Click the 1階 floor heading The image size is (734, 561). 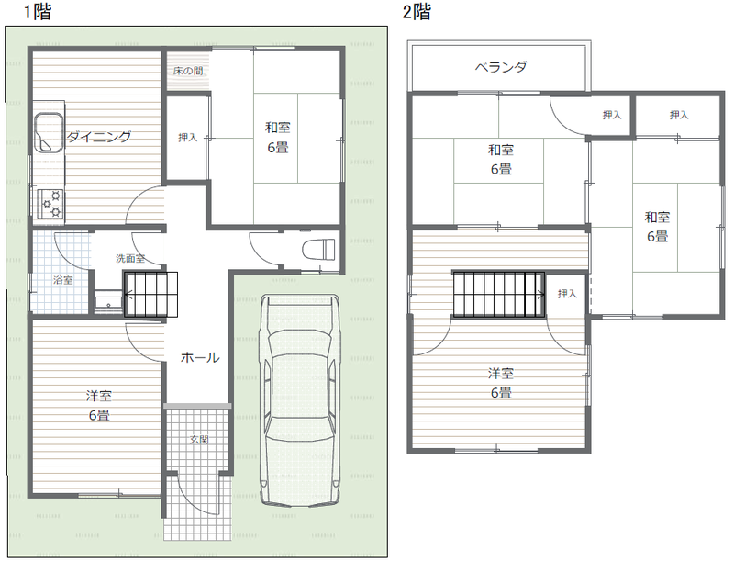coord(38,12)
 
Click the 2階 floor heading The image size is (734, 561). coord(417,12)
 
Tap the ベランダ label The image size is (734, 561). coord(501,67)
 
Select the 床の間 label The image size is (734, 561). coord(188,72)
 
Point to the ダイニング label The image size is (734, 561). coord(99,137)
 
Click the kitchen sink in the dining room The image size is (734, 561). coord(49,132)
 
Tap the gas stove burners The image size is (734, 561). coord(51,203)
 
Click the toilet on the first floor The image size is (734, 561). coord(318,249)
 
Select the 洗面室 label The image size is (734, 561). coord(130,258)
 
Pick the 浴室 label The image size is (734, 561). coord(62,280)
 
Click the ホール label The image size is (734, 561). coord(200,358)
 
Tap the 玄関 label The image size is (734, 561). coord(199,440)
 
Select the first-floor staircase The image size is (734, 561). coord(150,295)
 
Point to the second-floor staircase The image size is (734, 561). coord(498,295)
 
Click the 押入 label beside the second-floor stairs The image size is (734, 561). coord(567,294)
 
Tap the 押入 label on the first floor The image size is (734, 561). coord(188,137)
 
